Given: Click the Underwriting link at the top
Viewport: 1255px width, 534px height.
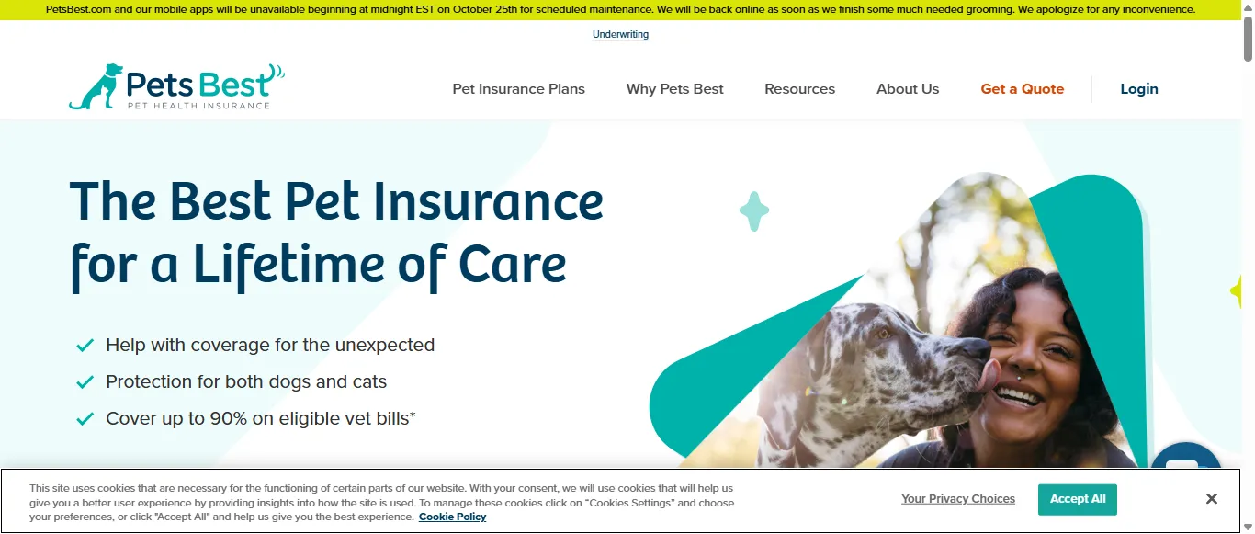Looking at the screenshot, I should click(620, 35).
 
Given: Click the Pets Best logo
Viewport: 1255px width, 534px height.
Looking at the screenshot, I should click(176, 87).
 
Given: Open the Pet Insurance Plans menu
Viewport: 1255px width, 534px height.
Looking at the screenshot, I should click(518, 89).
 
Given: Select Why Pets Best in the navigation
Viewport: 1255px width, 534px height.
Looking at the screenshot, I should click(674, 89).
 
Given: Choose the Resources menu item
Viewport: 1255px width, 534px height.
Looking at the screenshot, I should click(799, 89).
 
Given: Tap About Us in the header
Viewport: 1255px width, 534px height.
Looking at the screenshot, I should click(907, 89).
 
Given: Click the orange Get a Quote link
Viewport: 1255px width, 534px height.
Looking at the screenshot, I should click(1022, 89).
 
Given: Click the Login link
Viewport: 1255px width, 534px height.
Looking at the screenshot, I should click(1138, 89).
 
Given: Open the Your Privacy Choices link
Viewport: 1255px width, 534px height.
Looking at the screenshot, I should click(957, 499).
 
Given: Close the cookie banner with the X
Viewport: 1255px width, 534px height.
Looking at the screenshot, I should click(1211, 499).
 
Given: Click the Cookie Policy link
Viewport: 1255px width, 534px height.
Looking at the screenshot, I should click(452, 517).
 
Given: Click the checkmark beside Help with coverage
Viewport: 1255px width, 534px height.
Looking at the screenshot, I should click(85, 346).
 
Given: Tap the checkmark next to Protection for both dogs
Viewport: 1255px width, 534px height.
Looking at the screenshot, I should click(85, 382).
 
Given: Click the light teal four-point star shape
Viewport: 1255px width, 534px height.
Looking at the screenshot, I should click(753, 211).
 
